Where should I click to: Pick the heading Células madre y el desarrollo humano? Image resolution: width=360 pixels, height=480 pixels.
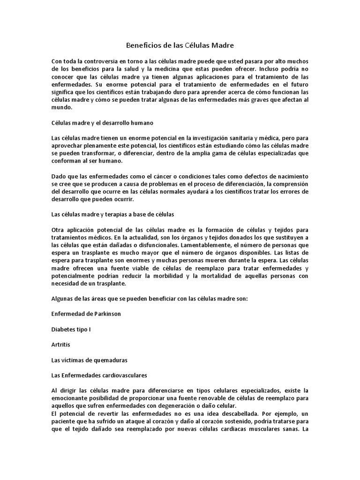coord(102,123)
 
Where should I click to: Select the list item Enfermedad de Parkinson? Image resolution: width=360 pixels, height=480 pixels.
coord(86,314)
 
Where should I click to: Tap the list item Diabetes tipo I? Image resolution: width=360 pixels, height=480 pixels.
coord(71,329)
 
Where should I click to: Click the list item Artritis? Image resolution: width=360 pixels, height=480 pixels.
coord(61,344)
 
